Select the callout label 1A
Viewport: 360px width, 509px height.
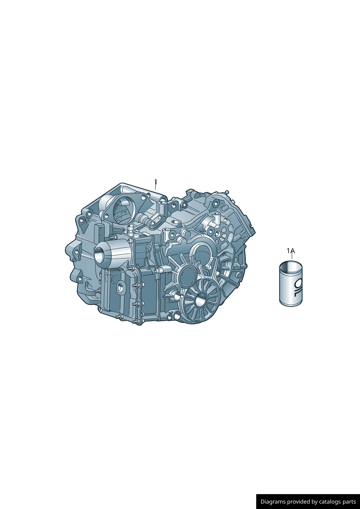pos(291,251)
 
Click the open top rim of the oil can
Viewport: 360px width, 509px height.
pos(291,264)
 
